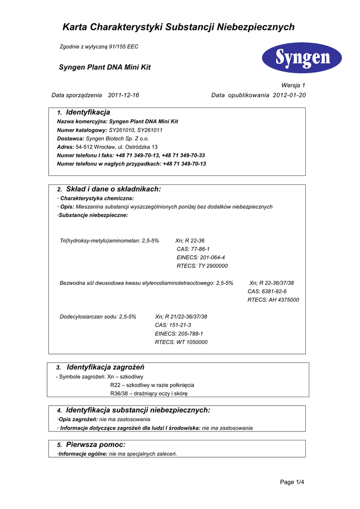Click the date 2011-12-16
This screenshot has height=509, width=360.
(123, 95)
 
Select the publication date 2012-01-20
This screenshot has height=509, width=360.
(289, 95)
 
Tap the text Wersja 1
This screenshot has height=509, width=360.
(293, 85)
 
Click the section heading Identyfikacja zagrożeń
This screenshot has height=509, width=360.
(105, 367)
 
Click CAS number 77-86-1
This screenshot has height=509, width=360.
(193, 249)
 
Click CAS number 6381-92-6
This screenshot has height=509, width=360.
(267, 291)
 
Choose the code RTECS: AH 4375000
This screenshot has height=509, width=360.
(273, 300)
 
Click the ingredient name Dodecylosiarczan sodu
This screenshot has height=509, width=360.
(89, 317)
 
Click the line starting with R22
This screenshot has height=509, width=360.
(152, 385)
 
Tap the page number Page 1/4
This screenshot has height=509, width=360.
(292, 482)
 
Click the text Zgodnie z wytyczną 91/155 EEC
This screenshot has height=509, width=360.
(99, 47)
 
